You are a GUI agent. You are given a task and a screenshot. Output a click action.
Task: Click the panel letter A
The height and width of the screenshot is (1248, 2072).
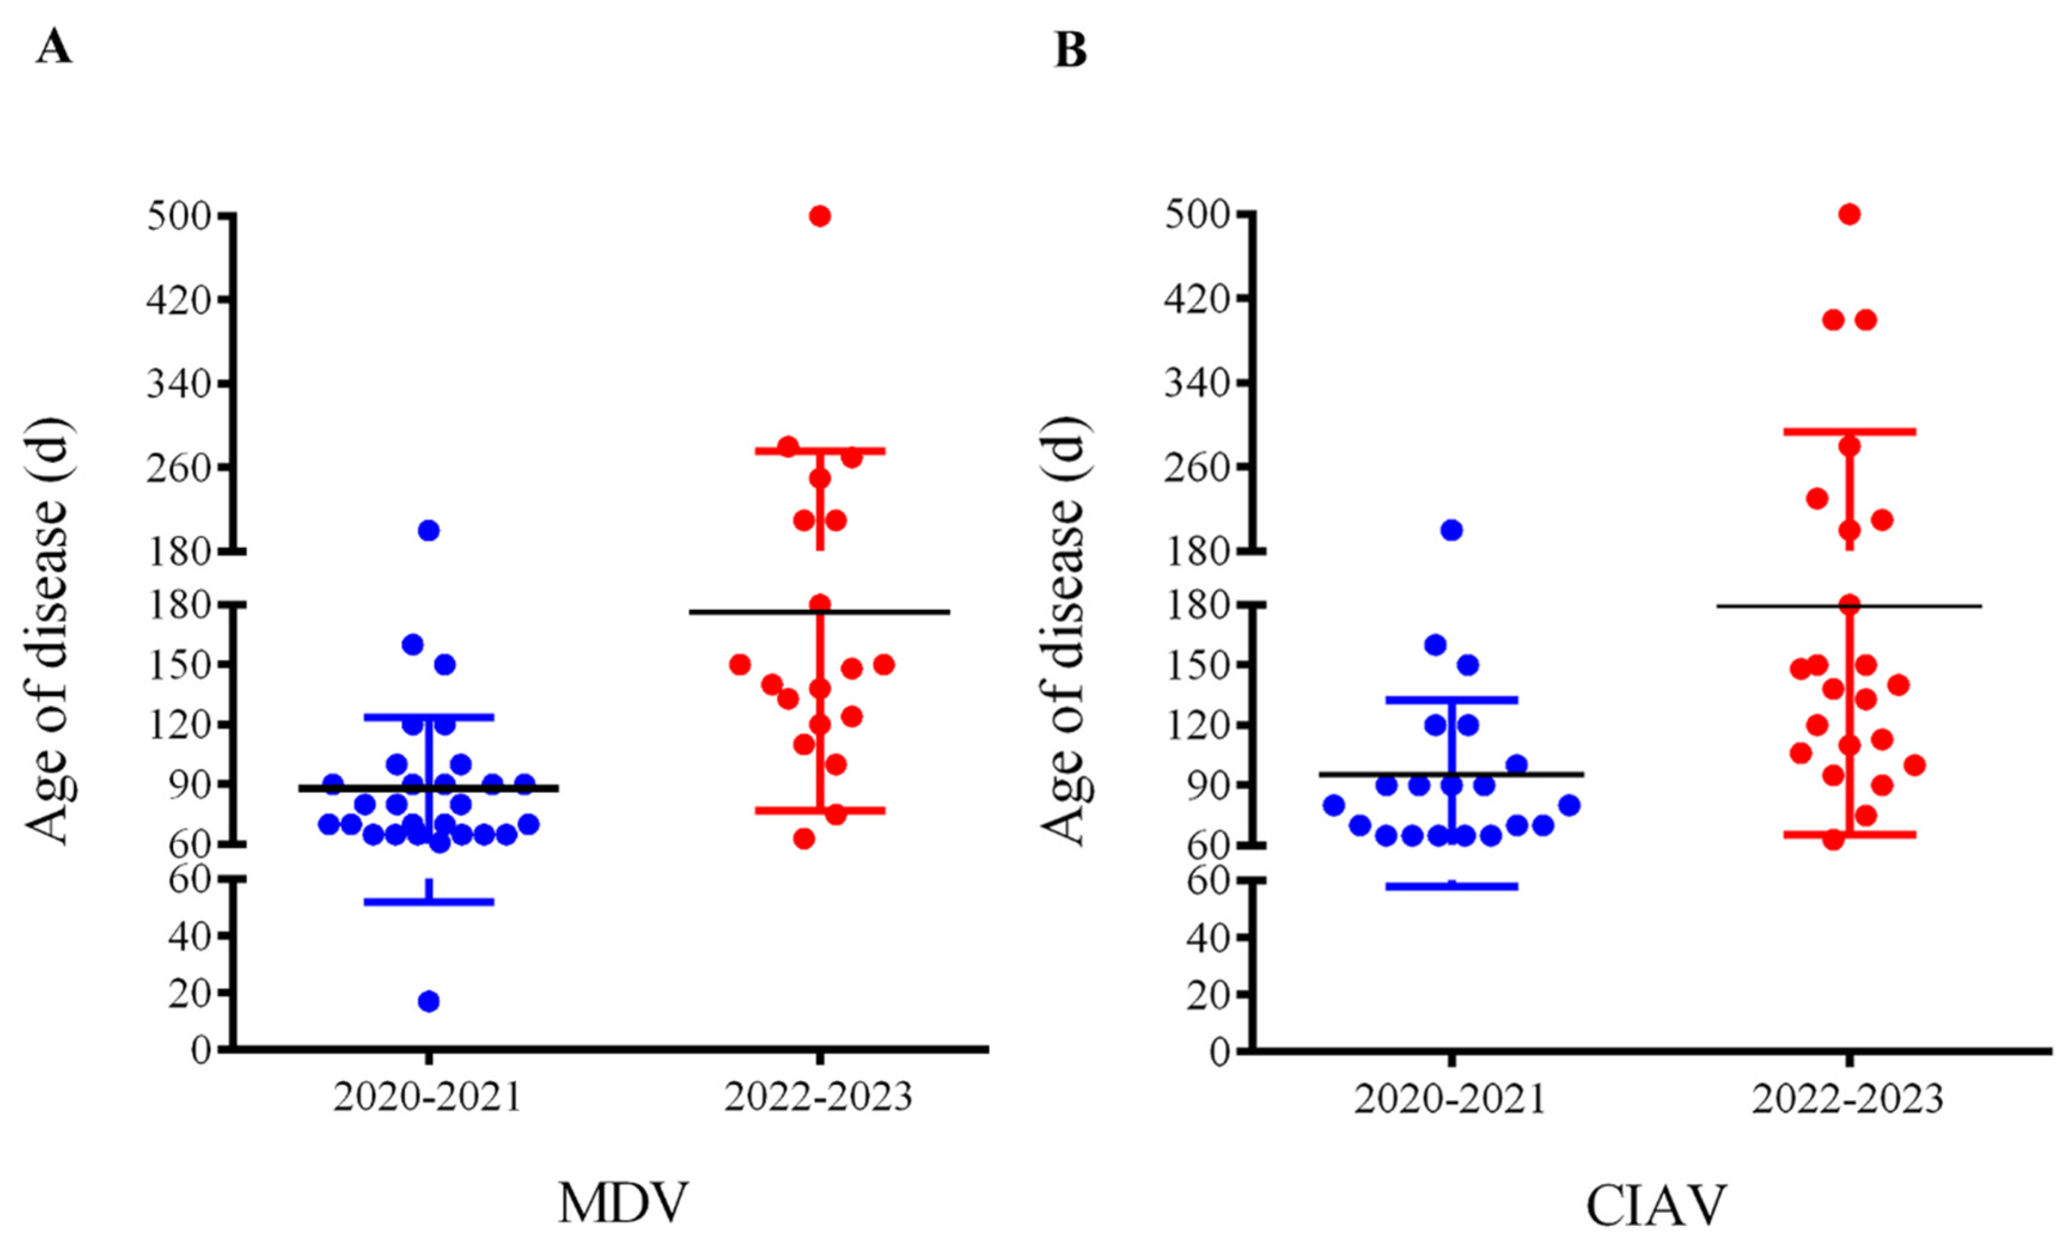point(54,47)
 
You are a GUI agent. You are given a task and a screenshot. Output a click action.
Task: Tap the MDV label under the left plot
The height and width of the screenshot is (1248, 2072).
point(623,1204)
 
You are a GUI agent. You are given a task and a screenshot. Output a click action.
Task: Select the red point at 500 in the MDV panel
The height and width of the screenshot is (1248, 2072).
point(820,216)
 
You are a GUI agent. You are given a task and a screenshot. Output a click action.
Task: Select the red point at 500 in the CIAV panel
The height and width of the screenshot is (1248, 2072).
point(1849,215)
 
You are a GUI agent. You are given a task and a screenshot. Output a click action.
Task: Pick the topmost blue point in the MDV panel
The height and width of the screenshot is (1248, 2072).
point(429,530)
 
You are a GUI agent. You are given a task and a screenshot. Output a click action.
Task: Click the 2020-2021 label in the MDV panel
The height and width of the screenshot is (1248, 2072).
point(427,1097)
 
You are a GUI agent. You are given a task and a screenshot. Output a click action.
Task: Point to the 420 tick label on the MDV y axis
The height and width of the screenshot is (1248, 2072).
point(178,299)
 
